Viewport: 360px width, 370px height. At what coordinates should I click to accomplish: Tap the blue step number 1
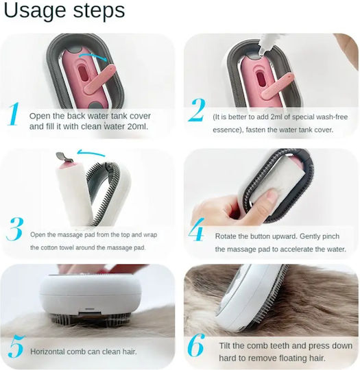(x=14, y=114)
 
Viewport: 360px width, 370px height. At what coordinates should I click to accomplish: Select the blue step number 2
(x=197, y=110)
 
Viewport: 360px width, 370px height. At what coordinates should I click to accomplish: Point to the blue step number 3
(x=15, y=229)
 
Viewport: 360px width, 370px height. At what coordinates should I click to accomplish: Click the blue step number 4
(x=197, y=230)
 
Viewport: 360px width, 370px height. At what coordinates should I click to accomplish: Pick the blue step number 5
(x=16, y=347)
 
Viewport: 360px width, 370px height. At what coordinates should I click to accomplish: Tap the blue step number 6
(x=195, y=345)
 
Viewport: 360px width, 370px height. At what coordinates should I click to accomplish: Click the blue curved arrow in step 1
(x=93, y=56)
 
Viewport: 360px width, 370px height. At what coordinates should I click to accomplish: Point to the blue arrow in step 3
(x=91, y=152)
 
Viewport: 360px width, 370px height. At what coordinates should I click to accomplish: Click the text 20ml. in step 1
(x=138, y=127)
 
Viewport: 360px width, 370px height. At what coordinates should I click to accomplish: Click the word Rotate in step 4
(x=226, y=236)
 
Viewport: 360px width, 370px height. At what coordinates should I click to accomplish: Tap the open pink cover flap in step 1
(x=100, y=79)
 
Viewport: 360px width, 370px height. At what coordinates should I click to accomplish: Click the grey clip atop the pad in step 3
(x=63, y=157)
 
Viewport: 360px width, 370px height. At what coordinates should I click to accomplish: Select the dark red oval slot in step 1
(x=82, y=73)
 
